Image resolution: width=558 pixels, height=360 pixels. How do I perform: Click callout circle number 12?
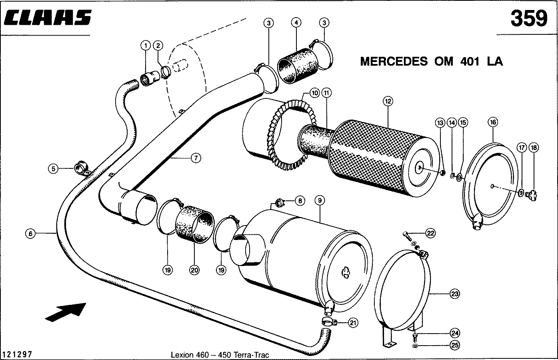click(387, 102)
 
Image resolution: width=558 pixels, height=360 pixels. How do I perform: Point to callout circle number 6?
click(30, 233)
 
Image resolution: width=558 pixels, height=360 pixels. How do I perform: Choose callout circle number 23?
click(454, 294)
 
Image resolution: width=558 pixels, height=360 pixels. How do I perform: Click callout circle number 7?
click(195, 158)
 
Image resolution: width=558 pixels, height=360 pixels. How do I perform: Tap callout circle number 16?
click(493, 122)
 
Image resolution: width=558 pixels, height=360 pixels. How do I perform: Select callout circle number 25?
click(454, 345)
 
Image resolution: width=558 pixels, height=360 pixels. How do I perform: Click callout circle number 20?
click(194, 270)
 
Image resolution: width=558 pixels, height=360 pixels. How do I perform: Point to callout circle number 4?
click(296, 23)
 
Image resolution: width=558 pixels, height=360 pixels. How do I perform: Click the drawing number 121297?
click(17, 354)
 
